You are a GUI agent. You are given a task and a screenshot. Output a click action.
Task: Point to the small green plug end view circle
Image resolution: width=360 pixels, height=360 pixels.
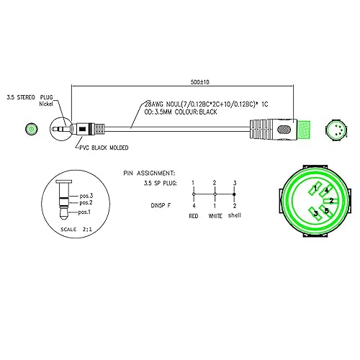tap(31, 130)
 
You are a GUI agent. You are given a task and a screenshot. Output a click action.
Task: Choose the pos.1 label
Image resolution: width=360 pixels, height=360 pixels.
tap(84, 212)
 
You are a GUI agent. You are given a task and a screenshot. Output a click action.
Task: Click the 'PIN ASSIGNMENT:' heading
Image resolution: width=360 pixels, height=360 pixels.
tap(150, 174)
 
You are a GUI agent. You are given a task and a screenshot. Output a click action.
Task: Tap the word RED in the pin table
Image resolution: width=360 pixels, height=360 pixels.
tap(194, 216)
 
